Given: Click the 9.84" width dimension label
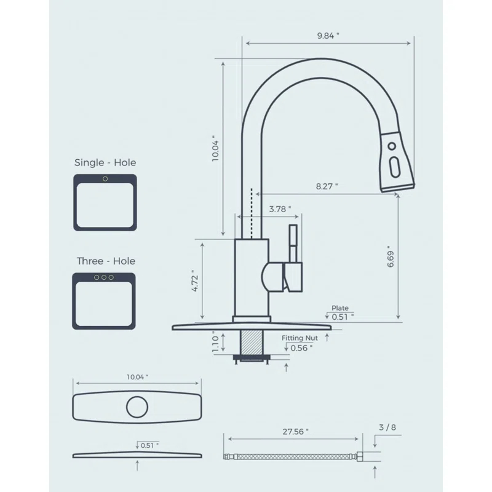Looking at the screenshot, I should [328, 36].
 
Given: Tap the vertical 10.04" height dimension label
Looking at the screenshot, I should [215, 149].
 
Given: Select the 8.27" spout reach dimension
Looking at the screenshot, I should [327, 186].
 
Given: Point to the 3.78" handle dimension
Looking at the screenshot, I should [280, 209].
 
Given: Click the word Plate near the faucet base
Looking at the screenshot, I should [339, 307].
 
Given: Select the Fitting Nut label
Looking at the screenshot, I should [300, 338].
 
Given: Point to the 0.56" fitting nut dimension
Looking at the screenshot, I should [301, 347].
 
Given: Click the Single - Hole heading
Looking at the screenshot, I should [105, 163].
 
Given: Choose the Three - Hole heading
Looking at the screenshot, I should [106, 261].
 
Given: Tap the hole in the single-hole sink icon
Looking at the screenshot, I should [105, 179].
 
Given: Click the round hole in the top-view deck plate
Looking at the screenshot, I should [137, 408].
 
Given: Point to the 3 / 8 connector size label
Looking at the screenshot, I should [387, 427].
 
